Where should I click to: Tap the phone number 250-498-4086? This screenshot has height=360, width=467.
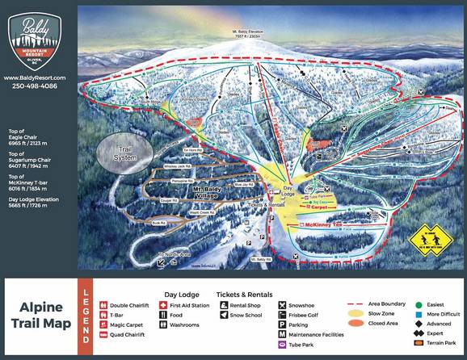pyautogui.click(x=39, y=86)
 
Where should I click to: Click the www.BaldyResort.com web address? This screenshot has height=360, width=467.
pyautogui.click(x=39, y=77)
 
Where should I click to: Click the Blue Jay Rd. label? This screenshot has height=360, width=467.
pyautogui.click(x=245, y=185)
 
